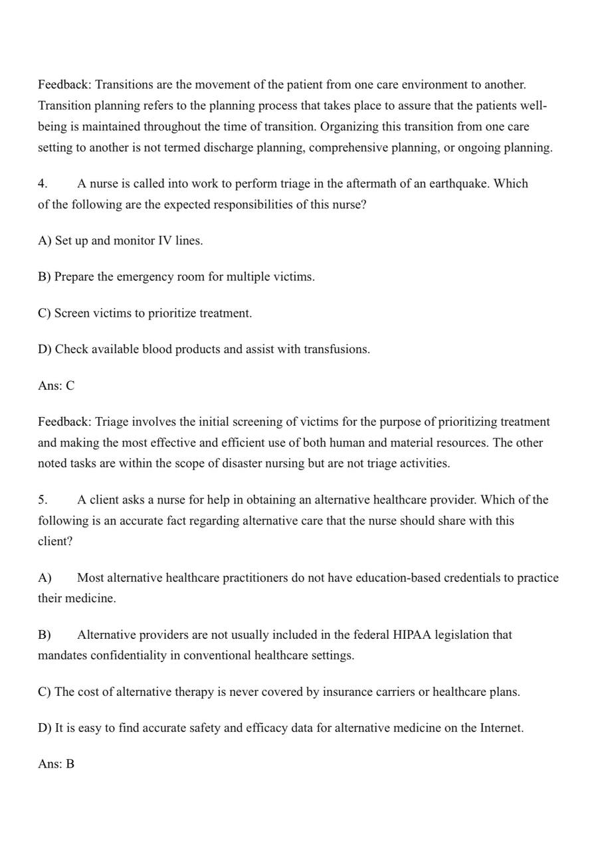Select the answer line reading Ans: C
point(56,385)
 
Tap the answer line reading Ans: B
point(56,764)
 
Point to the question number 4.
point(43,183)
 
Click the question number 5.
point(43,499)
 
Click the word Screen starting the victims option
point(72,313)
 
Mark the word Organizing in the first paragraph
point(350,126)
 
